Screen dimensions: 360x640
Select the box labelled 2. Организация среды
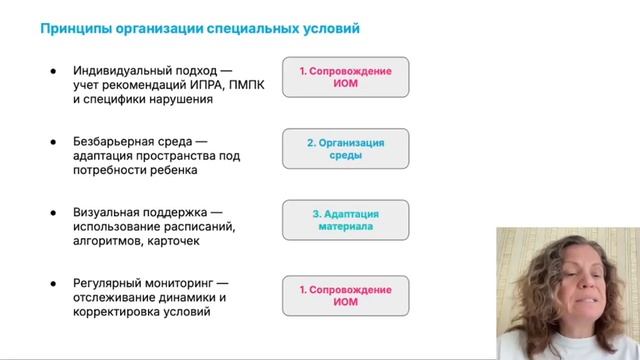point(345,149)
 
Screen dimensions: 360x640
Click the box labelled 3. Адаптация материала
point(345,220)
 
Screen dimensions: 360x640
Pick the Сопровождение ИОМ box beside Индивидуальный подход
point(345,78)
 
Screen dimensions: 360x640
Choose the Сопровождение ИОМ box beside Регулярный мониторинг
point(345,295)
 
